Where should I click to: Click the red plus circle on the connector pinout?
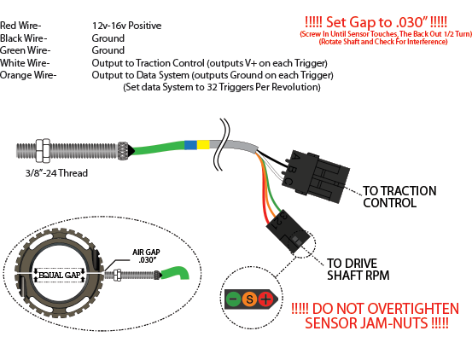[x=265, y=299]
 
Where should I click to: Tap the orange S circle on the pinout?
[x=249, y=299]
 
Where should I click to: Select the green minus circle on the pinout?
[x=233, y=299]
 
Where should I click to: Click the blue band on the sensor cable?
[x=190, y=145]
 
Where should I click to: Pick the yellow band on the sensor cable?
[x=203, y=145]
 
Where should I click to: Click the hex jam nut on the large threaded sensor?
[x=43, y=150]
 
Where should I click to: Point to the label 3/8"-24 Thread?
[x=56, y=173]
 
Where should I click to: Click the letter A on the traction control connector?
[x=296, y=157]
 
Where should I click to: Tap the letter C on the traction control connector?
[x=288, y=182]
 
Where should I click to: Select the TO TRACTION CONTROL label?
[x=399, y=197]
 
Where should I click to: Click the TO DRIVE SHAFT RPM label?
[x=358, y=270]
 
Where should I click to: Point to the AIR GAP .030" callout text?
[x=146, y=256]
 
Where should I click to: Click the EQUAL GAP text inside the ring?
[x=60, y=275]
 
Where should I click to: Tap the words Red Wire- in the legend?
[x=20, y=26]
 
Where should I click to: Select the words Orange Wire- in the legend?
[x=28, y=75]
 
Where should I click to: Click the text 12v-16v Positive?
[x=126, y=26]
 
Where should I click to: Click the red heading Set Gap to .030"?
[x=376, y=22]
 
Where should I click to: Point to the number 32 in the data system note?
[x=212, y=87]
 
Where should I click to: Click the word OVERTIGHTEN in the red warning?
[x=414, y=309]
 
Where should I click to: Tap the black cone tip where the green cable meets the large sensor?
[x=131, y=150]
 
